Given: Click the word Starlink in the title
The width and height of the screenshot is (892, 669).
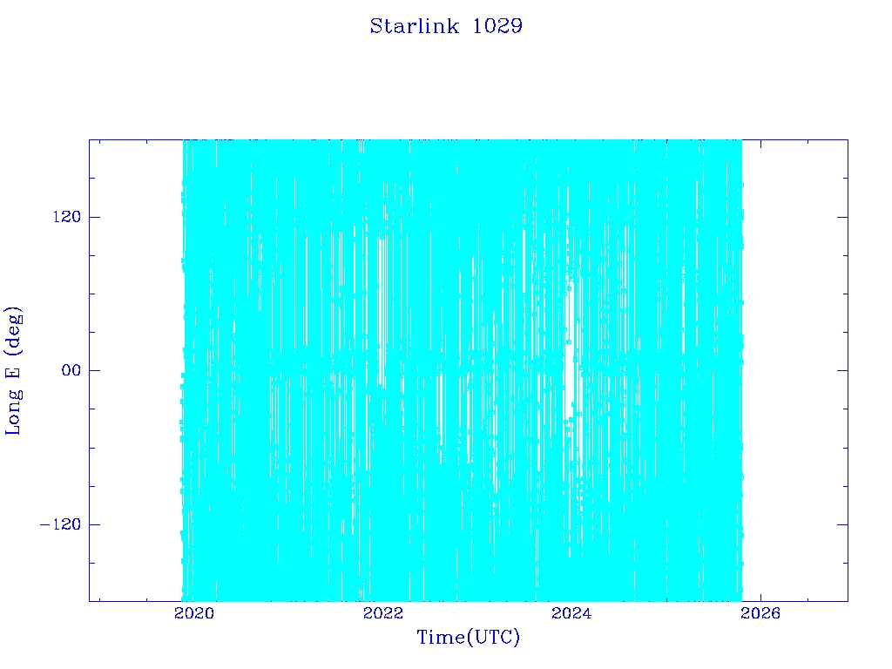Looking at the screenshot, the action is pyautogui.click(x=414, y=26).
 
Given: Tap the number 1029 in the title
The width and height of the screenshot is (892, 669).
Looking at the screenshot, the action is pyautogui.click(x=497, y=26).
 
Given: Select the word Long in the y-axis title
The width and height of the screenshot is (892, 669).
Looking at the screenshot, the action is pyautogui.click(x=12, y=411).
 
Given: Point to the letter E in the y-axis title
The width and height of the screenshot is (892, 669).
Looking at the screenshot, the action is pyautogui.click(x=12, y=373).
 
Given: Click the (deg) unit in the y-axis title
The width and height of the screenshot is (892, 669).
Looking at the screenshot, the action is pyautogui.click(x=12, y=331).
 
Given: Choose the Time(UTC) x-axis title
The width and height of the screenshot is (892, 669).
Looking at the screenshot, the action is pyautogui.click(x=468, y=637).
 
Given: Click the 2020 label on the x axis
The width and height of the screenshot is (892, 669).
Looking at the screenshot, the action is pyautogui.click(x=194, y=613).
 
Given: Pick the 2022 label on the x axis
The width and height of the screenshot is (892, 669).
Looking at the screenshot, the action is pyautogui.click(x=383, y=613).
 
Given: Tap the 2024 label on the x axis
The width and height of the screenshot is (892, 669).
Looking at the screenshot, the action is pyautogui.click(x=571, y=613).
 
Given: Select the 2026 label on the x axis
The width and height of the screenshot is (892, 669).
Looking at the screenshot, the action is pyautogui.click(x=760, y=613).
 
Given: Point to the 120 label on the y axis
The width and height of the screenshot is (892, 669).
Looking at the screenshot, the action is pyautogui.click(x=67, y=217).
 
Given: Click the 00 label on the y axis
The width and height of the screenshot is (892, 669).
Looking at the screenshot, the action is pyautogui.click(x=71, y=370).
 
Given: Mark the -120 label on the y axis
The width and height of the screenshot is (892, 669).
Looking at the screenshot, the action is pyautogui.click(x=61, y=524).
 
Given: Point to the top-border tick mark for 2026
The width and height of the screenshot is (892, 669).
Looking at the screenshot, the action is pyautogui.click(x=760, y=145).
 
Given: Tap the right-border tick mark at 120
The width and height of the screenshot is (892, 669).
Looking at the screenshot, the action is pyautogui.click(x=842, y=217).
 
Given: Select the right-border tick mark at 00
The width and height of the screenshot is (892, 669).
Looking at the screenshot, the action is pyautogui.click(x=842, y=370).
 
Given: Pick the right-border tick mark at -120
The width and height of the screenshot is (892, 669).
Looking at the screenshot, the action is pyautogui.click(x=842, y=524).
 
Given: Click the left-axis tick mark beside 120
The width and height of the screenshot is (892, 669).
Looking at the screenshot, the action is pyautogui.click(x=94, y=217).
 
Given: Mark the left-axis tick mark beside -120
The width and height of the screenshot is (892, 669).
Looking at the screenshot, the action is pyautogui.click(x=94, y=524).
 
